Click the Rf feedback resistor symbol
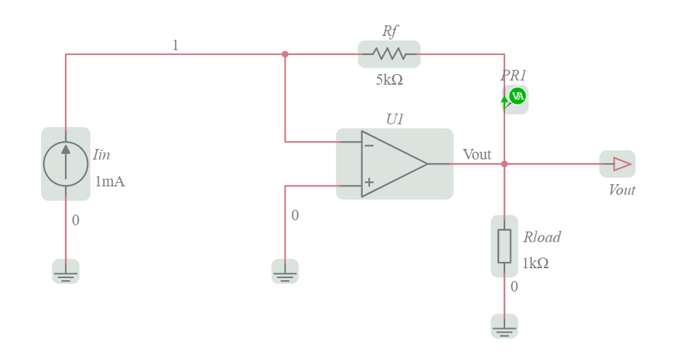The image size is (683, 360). pyautogui.click(x=389, y=54)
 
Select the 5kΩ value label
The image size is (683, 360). pyautogui.click(x=389, y=80)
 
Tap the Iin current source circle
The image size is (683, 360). pyautogui.click(x=66, y=164)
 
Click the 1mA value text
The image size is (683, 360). pyautogui.click(x=109, y=181)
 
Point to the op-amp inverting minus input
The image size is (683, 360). pyautogui.click(x=368, y=145)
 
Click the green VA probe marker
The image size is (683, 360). pyautogui.click(x=517, y=96)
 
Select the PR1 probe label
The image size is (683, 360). pyautogui.click(x=514, y=76)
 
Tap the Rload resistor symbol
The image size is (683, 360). pyautogui.click(x=504, y=246)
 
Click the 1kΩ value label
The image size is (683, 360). pyautogui.click(x=536, y=263)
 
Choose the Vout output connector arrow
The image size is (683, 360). pyautogui.click(x=621, y=164)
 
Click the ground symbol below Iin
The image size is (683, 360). pyautogui.click(x=66, y=272)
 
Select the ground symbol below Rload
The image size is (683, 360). pyautogui.click(x=504, y=327)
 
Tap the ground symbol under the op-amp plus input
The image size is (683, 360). pyautogui.click(x=285, y=272)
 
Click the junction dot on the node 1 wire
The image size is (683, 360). pyautogui.click(x=285, y=54)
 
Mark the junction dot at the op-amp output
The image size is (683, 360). pyautogui.click(x=504, y=164)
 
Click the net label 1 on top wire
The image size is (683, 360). pyautogui.click(x=175, y=45)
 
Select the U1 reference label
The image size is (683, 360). pyautogui.click(x=394, y=119)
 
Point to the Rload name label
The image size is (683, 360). pyautogui.click(x=541, y=237)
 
